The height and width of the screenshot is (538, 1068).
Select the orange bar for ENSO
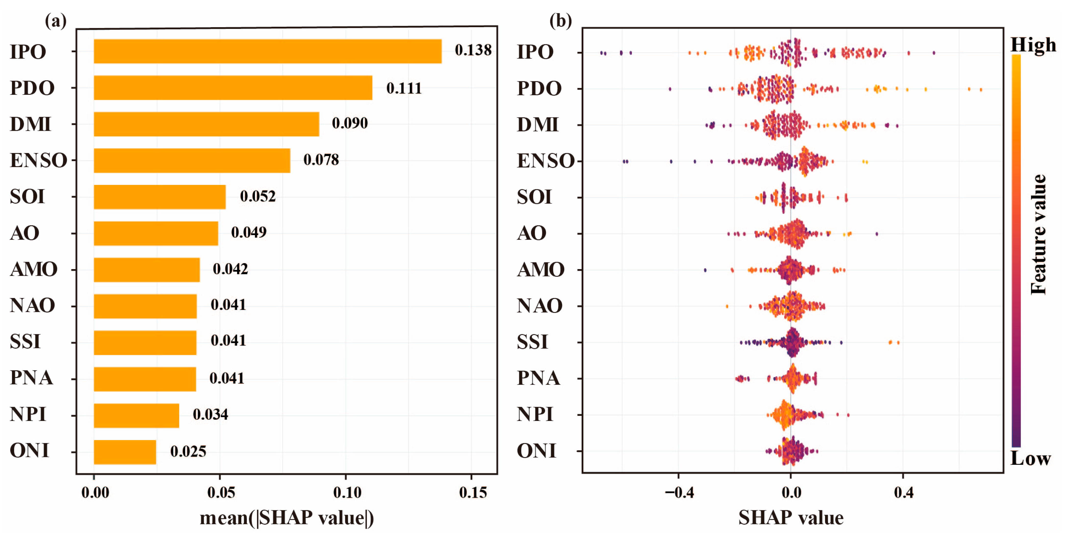192,160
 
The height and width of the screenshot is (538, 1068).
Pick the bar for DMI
206,124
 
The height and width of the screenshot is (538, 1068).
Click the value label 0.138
473,50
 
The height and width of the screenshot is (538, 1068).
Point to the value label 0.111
404,88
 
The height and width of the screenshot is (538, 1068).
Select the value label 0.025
188,451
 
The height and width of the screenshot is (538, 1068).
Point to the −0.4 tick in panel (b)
679,492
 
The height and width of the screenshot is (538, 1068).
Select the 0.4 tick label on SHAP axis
904,492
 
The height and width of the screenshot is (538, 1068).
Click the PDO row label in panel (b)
539,88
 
